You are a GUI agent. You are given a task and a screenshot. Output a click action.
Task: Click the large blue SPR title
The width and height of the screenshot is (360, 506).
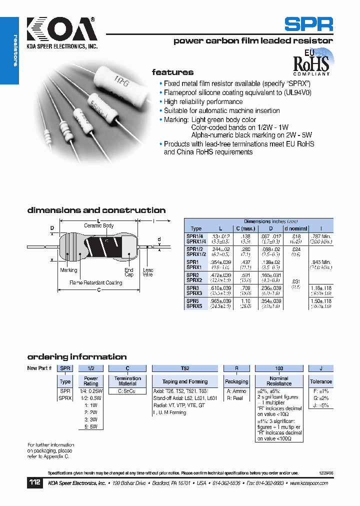[x=308, y=24]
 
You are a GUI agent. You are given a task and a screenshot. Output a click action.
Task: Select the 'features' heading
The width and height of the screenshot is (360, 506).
[x=172, y=72]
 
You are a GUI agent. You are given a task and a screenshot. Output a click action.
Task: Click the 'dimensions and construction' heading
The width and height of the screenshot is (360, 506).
[x=96, y=210]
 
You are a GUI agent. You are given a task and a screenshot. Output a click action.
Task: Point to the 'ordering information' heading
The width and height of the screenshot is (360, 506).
[x=76, y=357]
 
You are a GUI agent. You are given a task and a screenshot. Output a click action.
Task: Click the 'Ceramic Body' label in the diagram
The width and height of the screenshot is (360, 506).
[x=98, y=226]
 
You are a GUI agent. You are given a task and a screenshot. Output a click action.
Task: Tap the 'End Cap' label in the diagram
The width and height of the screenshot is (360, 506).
[x=129, y=272]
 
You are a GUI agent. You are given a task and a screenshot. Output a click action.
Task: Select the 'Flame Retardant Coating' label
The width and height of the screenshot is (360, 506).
[x=95, y=282]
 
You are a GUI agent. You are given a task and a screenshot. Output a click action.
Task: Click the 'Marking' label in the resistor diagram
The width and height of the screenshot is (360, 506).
[x=68, y=270]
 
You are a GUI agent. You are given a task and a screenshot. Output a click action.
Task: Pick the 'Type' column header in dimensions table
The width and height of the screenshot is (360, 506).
[x=196, y=228]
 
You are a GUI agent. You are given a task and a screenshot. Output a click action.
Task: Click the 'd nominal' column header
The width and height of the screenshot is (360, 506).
[x=295, y=228]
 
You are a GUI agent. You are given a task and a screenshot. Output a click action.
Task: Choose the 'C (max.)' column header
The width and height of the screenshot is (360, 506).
[x=245, y=228]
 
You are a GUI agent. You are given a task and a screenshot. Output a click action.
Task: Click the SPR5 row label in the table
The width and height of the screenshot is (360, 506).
[x=193, y=301]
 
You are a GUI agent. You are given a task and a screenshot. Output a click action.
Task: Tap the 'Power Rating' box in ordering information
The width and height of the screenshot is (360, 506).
[x=91, y=381]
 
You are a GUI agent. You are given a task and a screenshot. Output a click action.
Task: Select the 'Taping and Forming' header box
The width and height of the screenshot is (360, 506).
[x=185, y=381]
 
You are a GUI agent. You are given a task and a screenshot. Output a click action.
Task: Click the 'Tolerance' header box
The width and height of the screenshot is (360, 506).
[x=320, y=381]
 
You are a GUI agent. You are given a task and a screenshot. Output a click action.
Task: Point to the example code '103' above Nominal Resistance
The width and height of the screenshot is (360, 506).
[x=279, y=368]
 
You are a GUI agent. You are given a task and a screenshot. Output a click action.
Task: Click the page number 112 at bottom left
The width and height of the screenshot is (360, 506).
[x=34, y=483]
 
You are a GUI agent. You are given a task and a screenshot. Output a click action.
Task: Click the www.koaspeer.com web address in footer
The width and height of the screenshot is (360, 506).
[x=309, y=483]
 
